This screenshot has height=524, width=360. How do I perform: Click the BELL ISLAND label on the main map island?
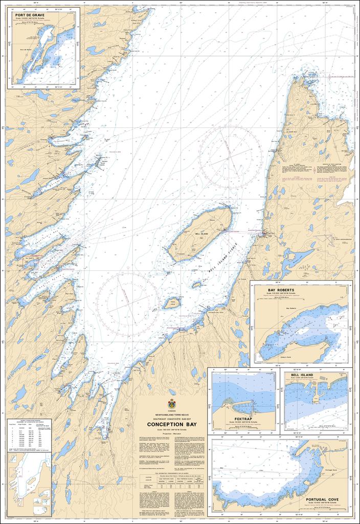(201, 233)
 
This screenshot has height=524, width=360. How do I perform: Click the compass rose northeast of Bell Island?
(230, 150)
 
